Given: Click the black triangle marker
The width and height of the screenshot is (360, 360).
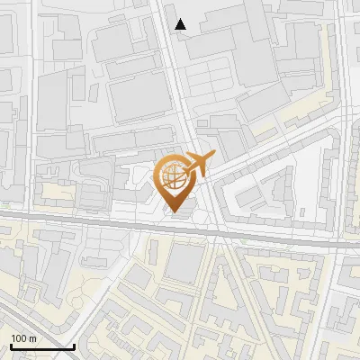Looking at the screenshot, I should [x=181, y=24].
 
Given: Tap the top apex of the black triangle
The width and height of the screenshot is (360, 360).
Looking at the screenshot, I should [x=181, y=19].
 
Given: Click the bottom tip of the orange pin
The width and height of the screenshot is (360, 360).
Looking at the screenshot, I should [x=175, y=214].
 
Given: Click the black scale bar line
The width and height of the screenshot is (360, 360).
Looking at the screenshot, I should [x=40, y=347].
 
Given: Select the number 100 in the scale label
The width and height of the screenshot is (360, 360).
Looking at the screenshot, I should [x=20, y=338].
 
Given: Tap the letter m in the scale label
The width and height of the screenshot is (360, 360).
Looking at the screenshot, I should [x=32, y=338].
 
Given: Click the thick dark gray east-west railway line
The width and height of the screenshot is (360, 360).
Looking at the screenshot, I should [x=90, y=221].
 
